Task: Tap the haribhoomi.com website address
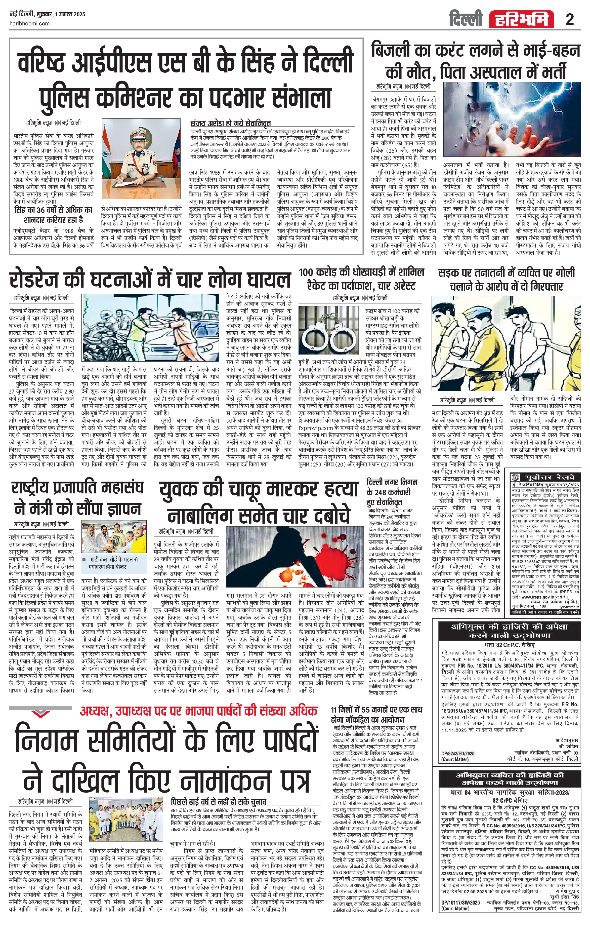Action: click(x=29, y=23)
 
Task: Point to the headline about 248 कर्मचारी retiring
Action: click(x=392, y=492)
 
